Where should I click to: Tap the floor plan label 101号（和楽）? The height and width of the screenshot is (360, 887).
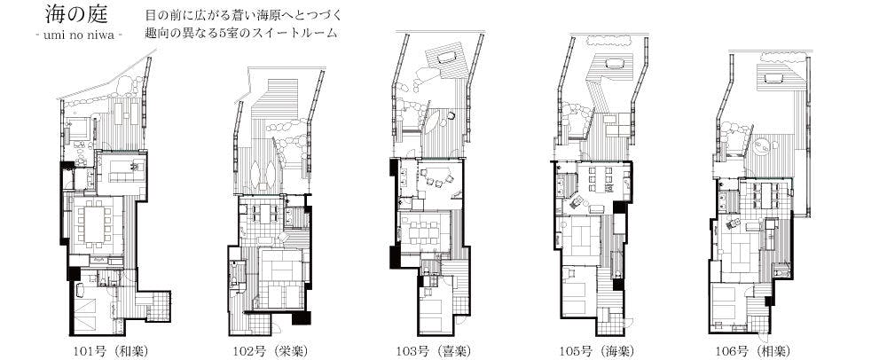(x=112, y=350)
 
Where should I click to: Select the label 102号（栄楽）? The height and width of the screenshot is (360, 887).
(x=271, y=350)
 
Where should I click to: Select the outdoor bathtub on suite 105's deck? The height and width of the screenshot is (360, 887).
(x=613, y=63)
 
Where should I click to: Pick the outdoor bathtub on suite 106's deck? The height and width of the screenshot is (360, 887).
(x=773, y=78)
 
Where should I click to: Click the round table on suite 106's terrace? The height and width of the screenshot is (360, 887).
(x=763, y=146)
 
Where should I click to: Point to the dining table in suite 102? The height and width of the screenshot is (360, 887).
(x=264, y=212)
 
